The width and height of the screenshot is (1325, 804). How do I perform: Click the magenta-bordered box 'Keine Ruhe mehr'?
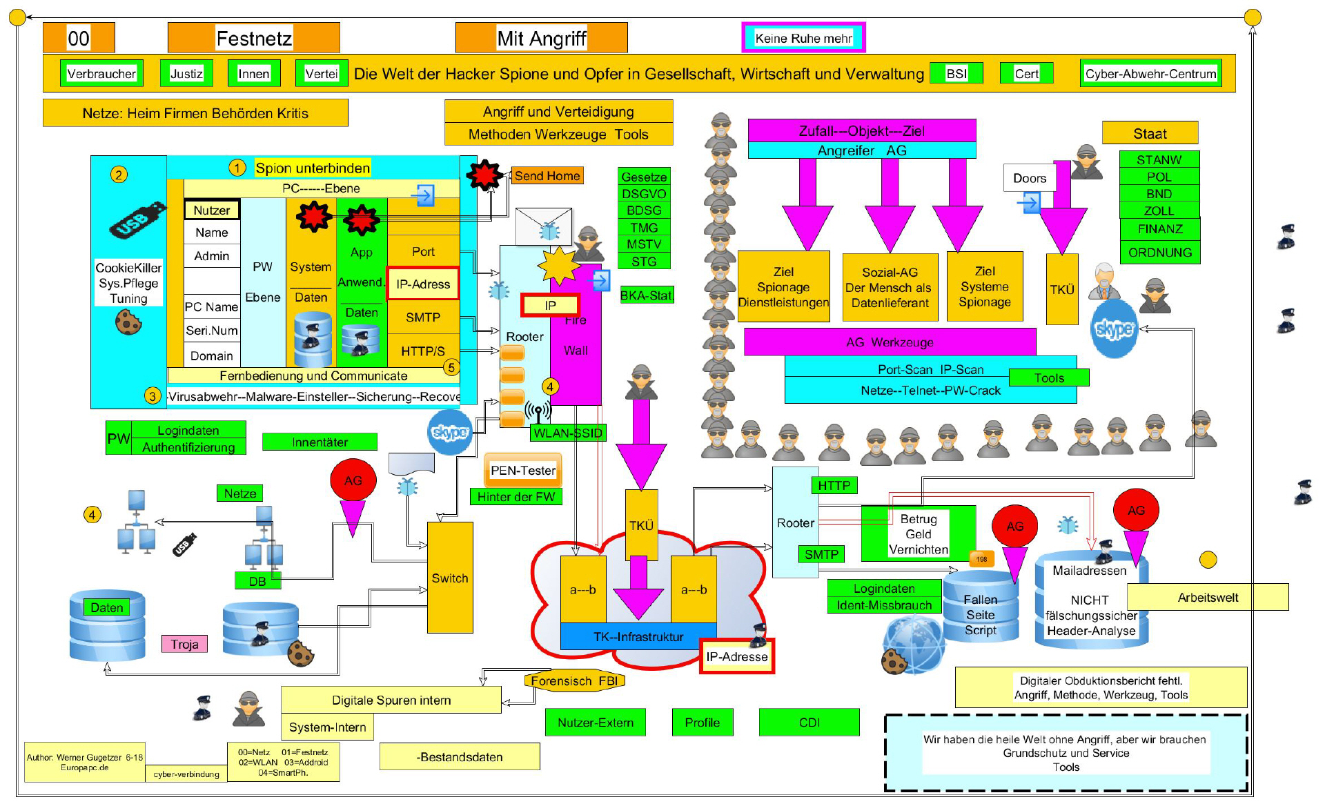coord(803,38)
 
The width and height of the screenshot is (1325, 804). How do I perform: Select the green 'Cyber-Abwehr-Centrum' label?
coord(1150,74)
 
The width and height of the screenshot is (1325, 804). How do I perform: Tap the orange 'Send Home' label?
coord(547,176)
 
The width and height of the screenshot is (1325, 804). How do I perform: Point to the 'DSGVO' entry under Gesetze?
coord(644,194)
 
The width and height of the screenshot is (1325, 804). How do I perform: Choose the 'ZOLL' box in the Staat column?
coord(1159,211)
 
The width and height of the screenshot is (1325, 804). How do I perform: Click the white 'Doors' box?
coord(1030,178)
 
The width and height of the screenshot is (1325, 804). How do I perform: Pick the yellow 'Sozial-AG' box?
coord(890,287)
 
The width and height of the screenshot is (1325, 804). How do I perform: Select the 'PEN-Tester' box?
coord(523,471)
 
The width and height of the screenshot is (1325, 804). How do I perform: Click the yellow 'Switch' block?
coord(450,578)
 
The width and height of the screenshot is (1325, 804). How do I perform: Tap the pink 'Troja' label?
coord(184,644)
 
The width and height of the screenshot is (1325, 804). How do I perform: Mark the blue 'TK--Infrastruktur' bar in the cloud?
coord(638,636)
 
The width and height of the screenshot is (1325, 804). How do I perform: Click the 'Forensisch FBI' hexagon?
coord(574,681)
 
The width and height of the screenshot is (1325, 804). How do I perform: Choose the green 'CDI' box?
coord(809,723)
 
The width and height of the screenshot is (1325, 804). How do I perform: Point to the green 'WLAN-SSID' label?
coord(568,433)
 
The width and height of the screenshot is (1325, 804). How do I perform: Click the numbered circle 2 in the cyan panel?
coord(119,175)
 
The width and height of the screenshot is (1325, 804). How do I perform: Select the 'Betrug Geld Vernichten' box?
coord(919,533)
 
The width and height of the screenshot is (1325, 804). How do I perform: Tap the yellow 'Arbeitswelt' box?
coord(1208,598)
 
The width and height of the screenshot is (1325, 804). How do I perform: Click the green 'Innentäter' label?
coord(320,442)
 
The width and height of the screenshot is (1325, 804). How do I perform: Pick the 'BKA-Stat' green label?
coord(646,295)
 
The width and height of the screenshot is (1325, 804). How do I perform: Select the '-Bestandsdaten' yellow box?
coord(460,757)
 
